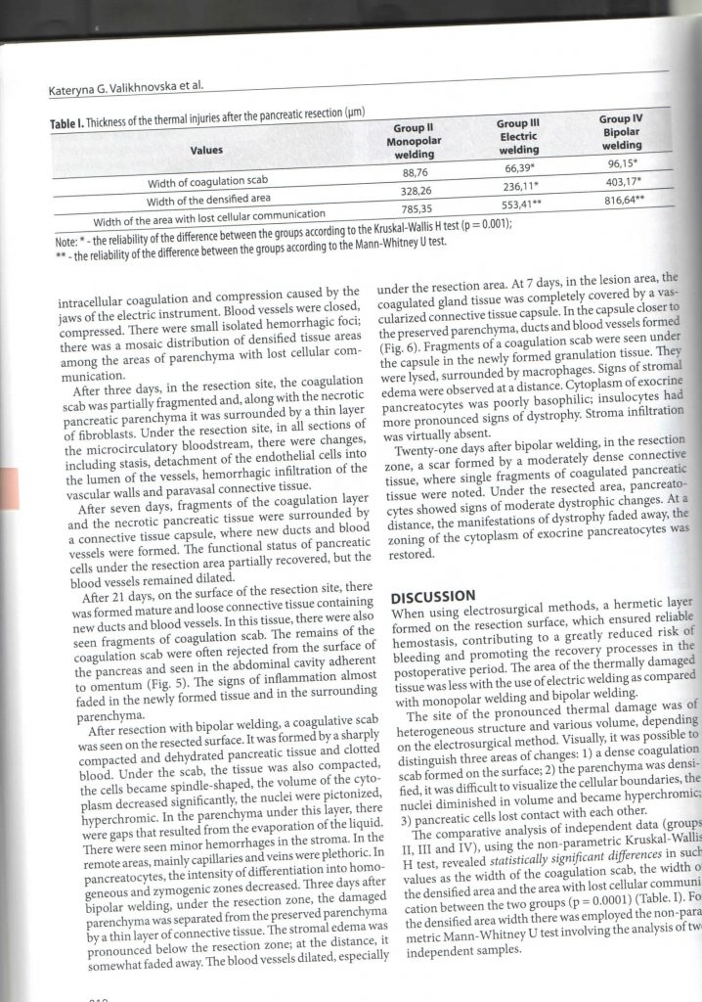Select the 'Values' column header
click(207, 151)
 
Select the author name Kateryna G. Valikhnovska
click(115, 89)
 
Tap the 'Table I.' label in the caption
click(70, 124)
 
